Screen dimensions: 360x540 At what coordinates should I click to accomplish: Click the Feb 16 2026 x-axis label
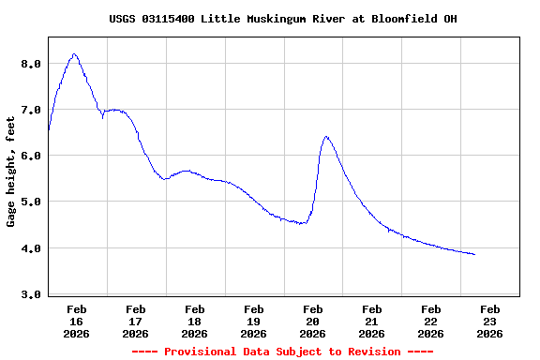point(77,321)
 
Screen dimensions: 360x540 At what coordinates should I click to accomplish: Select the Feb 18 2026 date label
point(195,321)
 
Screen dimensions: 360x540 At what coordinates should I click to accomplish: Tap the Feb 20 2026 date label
point(313,321)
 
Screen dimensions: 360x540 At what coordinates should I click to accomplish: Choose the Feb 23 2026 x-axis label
point(489,321)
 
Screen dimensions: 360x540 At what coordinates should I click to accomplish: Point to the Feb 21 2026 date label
point(372,321)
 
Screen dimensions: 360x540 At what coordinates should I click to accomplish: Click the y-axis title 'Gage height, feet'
point(11,172)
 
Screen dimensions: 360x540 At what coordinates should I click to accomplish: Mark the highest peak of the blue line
point(74,54)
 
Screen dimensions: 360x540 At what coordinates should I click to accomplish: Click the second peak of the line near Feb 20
point(326,136)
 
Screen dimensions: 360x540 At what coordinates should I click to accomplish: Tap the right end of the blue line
point(474,254)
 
